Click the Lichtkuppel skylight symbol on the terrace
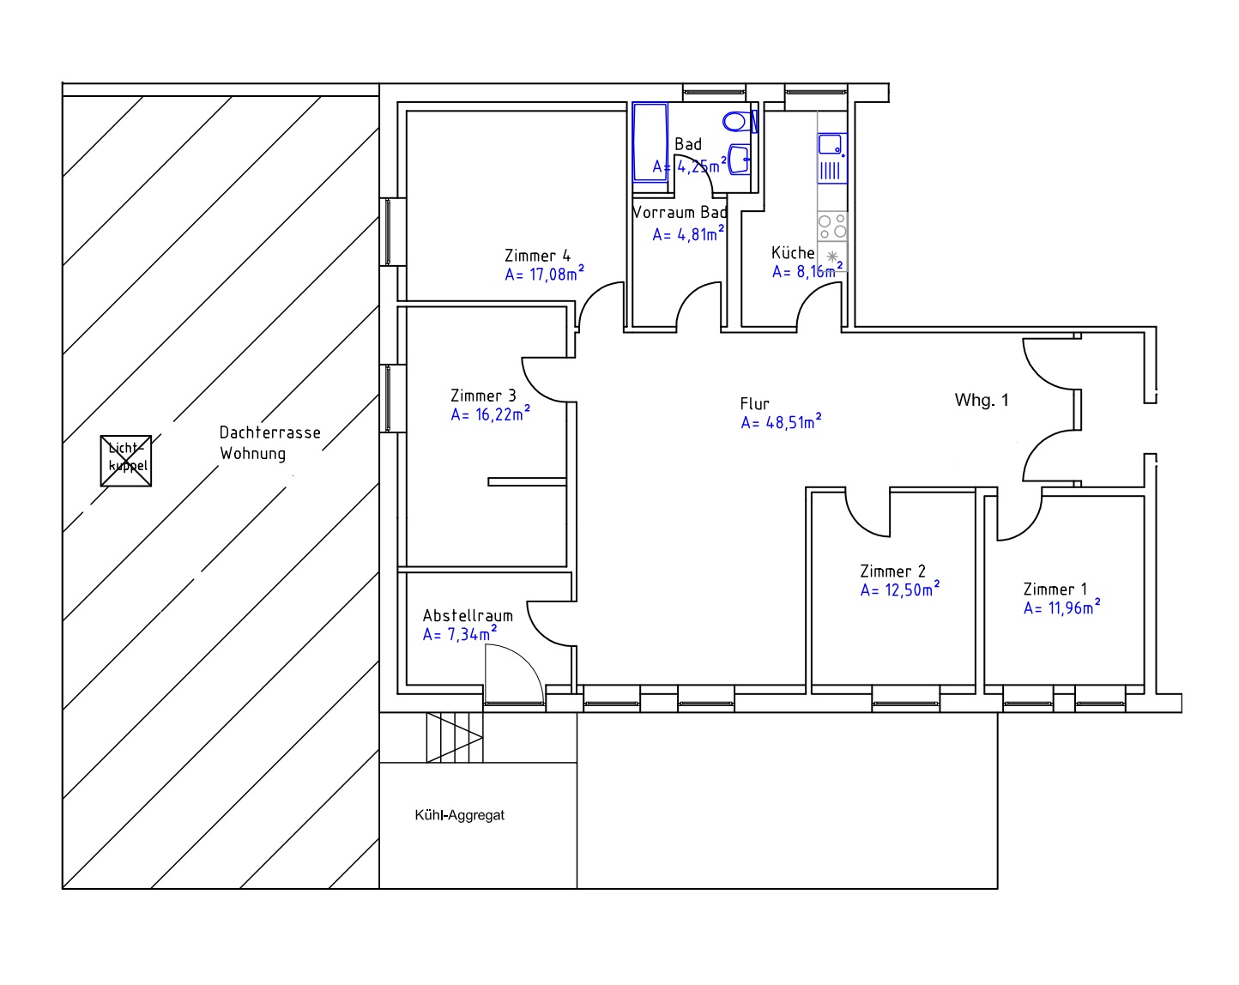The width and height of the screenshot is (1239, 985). (126, 461)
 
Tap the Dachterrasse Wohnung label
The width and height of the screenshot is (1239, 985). (269, 443)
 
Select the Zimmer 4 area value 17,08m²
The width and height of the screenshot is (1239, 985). (544, 275)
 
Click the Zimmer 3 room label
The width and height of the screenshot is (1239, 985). (483, 396)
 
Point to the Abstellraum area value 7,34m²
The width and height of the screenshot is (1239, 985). (460, 635)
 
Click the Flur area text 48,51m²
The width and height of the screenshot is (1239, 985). (781, 422)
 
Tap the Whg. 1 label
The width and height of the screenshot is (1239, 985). (982, 400)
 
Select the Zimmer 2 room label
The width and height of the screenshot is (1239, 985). (892, 571)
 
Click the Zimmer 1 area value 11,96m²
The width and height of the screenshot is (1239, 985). (1061, 608)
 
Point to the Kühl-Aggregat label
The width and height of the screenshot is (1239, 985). (459, 816)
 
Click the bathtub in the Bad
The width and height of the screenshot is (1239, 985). (650, 142)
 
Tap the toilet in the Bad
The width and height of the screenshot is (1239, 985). (737, 121)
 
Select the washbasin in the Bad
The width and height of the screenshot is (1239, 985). (740, 160)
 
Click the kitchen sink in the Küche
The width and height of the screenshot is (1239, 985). (831, 144)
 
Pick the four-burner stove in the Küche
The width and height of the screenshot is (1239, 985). (831, 226)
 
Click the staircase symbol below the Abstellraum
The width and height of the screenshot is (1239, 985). (454, 737)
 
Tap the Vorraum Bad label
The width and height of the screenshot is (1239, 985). (680, 213)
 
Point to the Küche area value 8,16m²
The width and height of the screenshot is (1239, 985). (807, 272)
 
